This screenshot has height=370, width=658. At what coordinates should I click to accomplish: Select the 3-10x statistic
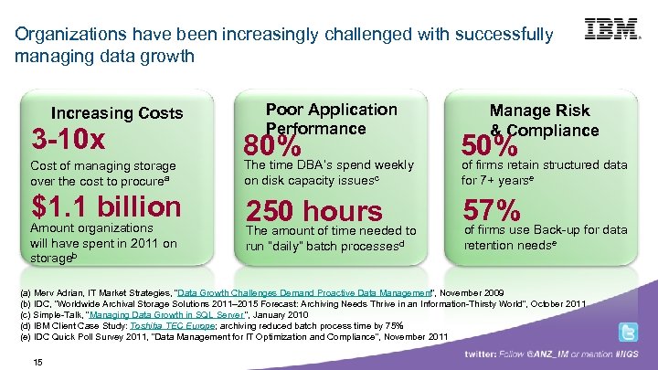(69, 140)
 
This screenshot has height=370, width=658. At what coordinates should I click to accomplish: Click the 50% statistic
(491, 145)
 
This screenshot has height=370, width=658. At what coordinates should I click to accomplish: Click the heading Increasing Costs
(117, 113)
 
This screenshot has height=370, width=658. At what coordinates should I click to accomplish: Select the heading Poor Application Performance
(331, 119)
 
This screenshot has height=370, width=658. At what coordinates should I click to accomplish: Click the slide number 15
(37, 362)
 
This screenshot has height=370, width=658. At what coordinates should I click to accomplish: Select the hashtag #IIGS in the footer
(627, 352)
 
